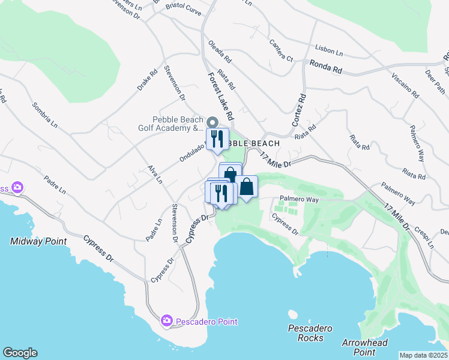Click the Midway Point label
38,241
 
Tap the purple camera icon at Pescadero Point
166,322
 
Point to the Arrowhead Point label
364,347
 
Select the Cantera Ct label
280,51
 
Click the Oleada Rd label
219,52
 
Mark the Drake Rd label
146,79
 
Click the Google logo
20,353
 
